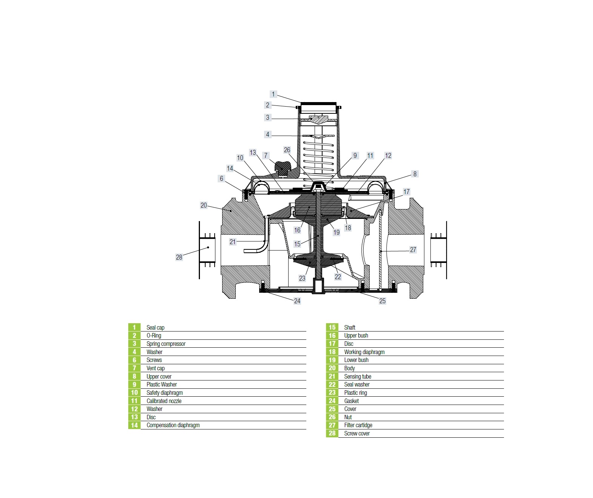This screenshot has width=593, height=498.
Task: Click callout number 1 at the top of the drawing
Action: point(273,94)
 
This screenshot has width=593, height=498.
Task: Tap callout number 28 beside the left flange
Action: point(179,257)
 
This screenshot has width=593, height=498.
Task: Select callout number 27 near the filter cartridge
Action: point(413,250)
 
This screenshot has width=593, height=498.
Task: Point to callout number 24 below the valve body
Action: point(297,301)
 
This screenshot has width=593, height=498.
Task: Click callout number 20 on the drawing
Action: point(204,205)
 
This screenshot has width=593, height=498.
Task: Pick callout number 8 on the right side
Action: point(415,174)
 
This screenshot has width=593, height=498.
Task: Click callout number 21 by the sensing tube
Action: point(233,242)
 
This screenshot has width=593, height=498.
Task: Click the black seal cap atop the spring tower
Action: point(318,104)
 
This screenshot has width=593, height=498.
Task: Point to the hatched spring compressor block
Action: point(318,119)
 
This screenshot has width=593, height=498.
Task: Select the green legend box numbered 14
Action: point(134,425)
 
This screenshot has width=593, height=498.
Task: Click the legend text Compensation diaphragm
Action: point(173,425)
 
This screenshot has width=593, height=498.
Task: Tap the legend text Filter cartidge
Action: point(358,425)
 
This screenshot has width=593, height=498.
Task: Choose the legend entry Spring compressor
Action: point(166,344)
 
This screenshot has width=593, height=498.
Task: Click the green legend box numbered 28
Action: point(332,433)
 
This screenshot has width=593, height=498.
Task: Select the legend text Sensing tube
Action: point(358,376)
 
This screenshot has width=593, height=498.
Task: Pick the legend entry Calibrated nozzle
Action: point(164,401)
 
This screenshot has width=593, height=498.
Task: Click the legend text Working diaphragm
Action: point(364,352)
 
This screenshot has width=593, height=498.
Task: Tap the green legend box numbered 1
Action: point(134,327)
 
